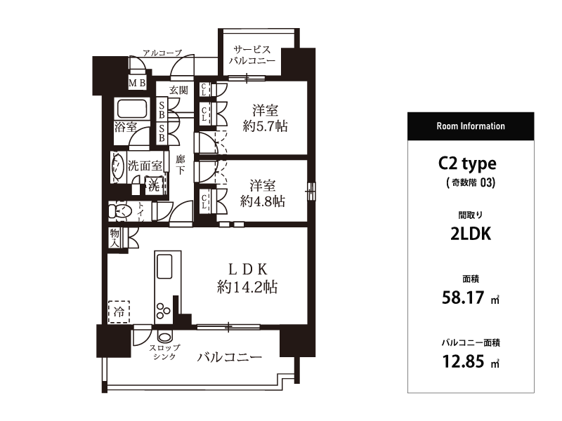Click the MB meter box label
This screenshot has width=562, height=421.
(137, 83)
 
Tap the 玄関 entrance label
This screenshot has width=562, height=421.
(178, 90)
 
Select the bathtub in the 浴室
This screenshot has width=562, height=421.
(132, 109)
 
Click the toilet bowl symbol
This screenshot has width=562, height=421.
(119, 211)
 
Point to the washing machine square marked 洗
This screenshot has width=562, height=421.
(154, 186)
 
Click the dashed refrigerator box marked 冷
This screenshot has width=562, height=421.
(119, 312)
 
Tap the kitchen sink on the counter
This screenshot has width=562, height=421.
(164, 267)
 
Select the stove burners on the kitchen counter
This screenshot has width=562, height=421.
(163, 310)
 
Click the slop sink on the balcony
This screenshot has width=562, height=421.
(164, 338)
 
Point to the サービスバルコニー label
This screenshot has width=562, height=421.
(252, 55)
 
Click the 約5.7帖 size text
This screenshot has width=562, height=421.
(266, 126)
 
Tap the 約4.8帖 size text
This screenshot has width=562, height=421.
(263, 201)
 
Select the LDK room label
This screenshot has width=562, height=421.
(248, 269)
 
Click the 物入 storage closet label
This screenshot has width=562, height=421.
(115, 238)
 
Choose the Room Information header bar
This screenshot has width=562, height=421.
(471, 126)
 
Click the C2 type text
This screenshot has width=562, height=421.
(467, 164)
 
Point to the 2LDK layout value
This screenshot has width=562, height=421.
(471, 234)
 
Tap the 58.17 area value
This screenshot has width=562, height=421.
(463, 298)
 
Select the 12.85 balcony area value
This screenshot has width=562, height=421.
(463, 361)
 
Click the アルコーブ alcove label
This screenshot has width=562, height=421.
(162, 53)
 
